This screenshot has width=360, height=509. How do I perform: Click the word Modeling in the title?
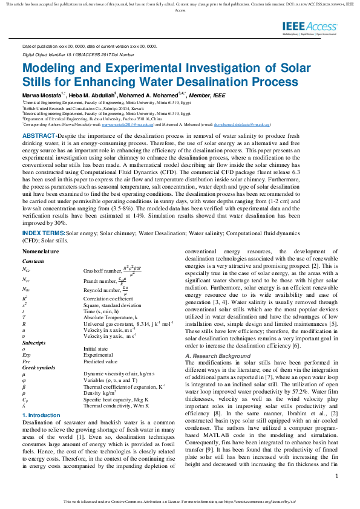pyautogui.click(x=48, y=68)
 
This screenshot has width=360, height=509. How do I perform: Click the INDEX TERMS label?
pyautogui.click(x=44, y=232)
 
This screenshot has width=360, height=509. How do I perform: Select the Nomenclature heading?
pyautogui.click(x=41, y=251)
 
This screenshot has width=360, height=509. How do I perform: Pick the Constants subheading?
pyautogui.click(x=33, y=261)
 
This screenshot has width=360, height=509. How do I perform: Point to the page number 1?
pyautogui.click(x=336, y=476)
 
